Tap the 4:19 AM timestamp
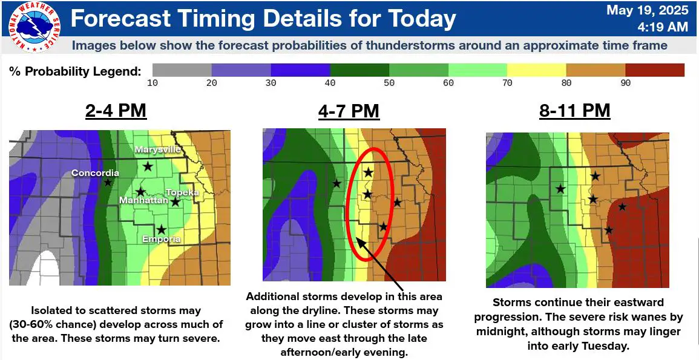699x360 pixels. (663, 27)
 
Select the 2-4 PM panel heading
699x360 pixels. (116, 111)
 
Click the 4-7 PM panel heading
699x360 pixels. (349, 111)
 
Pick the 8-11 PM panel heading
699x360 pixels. (574, 111)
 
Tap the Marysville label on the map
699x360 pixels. (159, 149)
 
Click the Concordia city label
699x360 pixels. (96, 173)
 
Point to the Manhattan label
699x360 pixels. (143, 201)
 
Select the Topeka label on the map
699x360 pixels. (182, 192)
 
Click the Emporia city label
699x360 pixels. (162, 239)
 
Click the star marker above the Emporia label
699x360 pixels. (162, 229)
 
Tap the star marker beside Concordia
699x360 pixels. (108, 182)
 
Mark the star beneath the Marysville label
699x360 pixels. (148, 166)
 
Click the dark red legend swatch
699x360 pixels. (654, 70)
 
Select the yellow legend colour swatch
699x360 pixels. (536, 70)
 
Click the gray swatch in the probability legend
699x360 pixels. (182, 70)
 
